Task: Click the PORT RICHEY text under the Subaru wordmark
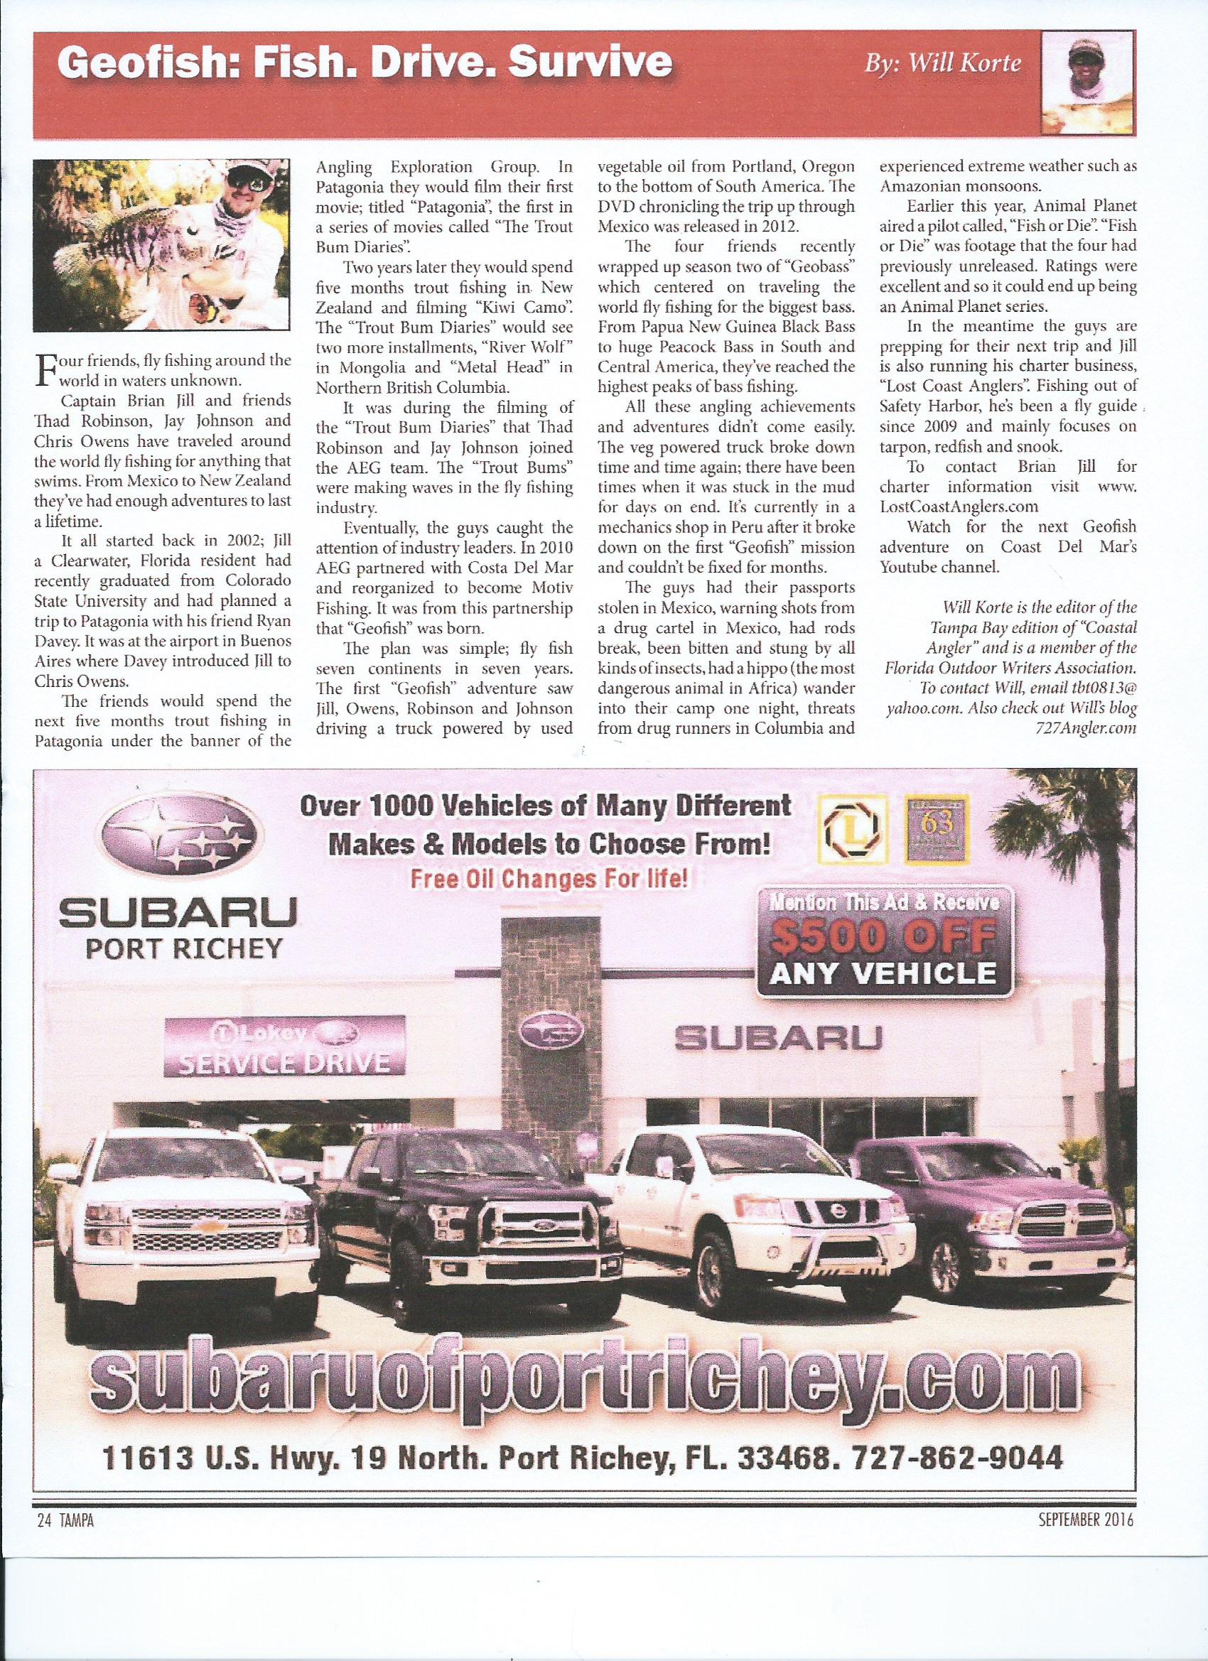click(x=184, y=950)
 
